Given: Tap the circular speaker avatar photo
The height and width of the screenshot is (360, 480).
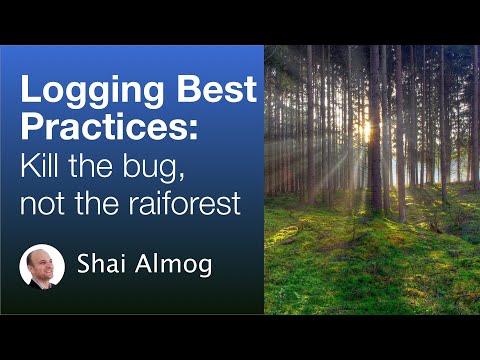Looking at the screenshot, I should (42, 267).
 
